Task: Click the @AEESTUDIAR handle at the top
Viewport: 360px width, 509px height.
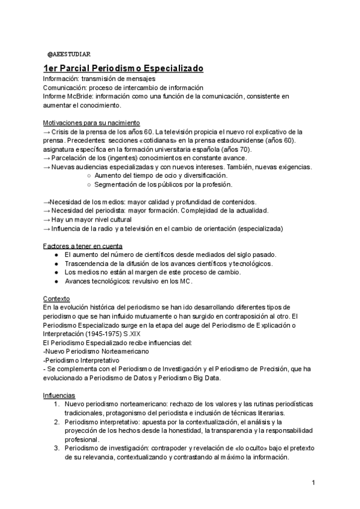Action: coord(69,55)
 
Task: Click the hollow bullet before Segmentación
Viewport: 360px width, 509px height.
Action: coord(89,184)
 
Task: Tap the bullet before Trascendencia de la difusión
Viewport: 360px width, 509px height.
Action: coord(56,264)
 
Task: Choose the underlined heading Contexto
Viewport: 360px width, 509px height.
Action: coord(56,298)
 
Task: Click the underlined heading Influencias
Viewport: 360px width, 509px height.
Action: coord(59,396)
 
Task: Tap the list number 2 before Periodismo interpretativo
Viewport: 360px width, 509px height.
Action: coord(55,422)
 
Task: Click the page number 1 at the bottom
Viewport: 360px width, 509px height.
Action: coord(313,483)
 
